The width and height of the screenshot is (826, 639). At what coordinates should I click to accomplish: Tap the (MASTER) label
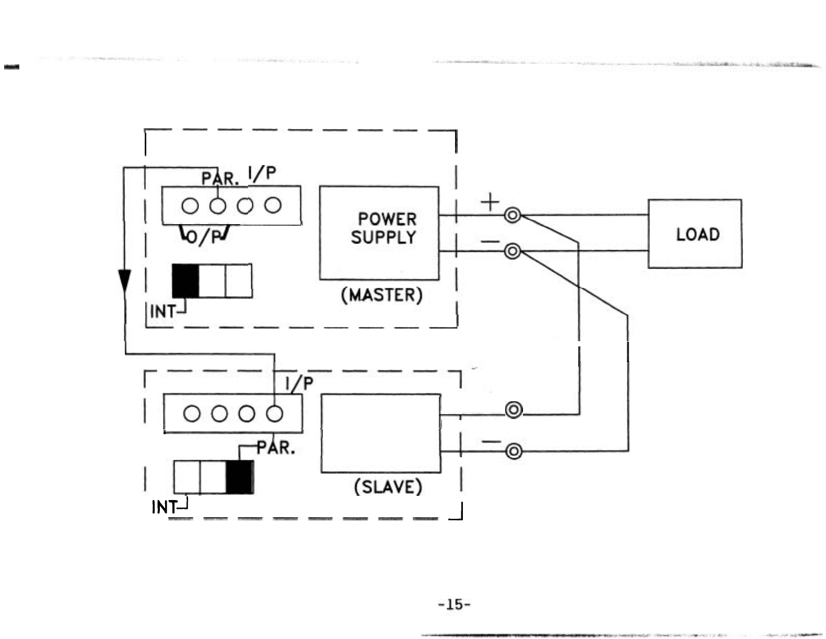point(381,295)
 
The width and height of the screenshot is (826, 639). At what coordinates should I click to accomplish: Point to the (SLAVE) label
point(388,487)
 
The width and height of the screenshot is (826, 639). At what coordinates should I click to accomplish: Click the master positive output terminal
point(513,215)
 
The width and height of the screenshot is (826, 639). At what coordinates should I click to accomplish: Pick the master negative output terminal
point(513,251)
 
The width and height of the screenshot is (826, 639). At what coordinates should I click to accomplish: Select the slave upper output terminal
point(514,410)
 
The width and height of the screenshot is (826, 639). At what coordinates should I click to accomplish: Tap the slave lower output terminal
point(514,451)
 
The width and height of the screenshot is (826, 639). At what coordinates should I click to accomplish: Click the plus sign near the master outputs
point(490,202)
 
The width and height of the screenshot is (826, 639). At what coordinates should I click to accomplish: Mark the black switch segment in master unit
point(185,281)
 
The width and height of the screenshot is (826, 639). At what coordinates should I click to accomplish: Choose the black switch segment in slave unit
point(240,477)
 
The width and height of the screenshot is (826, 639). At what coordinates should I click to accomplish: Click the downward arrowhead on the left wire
point(124,283)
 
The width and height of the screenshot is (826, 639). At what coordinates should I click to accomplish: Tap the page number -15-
point(454,605)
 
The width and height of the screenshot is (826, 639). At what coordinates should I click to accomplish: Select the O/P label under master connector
point(204,237)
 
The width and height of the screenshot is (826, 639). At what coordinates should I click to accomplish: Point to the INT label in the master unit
point(162,311)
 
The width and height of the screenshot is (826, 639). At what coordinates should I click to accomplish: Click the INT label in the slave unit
point(164,507)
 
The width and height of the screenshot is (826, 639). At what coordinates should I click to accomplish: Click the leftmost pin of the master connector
point(190,206)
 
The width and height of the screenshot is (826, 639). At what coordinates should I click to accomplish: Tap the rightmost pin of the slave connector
point(274,414)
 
